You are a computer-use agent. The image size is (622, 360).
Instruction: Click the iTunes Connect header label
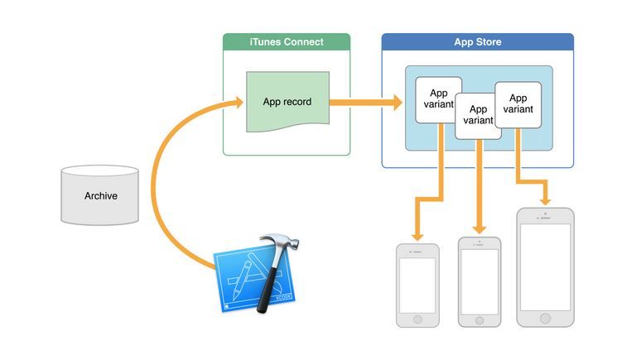[286, 42]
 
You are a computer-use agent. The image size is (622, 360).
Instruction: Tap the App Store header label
[477, 42]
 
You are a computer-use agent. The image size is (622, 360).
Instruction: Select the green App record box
[287, 102]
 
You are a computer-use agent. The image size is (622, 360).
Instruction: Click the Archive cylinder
[100, 195]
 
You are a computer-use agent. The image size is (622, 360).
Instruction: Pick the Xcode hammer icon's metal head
[277, 246]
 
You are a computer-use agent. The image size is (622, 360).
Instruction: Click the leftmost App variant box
[437, 100]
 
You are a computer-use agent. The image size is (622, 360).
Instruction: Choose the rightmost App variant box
[518, 103]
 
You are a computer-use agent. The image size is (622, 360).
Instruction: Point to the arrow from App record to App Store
[364, 103]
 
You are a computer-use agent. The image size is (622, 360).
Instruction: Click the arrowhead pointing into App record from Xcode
[238, 103]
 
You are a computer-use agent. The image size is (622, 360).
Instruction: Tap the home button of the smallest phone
[417, 319]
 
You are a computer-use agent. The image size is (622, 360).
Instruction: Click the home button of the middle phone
[479, 319]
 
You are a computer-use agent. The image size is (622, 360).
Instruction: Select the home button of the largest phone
[545, 318]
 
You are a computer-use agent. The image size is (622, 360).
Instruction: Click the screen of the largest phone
[545, 266]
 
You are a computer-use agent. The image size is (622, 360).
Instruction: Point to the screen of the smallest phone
[417, 281]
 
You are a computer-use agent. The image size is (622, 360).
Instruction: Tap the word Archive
[100, 196]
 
